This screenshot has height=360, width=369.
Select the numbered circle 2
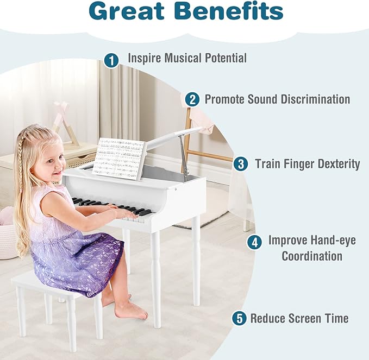pyautogui.click(x=192, y=99)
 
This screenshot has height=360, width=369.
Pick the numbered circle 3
pyautogui.click(x=241, y=164)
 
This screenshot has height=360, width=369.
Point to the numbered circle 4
pyautogui.click(x=254, y=242)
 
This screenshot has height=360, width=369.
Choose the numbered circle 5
pyautogui.click(x=239, y=318)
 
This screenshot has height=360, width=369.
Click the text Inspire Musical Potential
pyautogui.click(x=187, y=58)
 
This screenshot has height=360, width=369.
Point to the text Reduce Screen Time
pyautogui.click(x=299, y=318)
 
